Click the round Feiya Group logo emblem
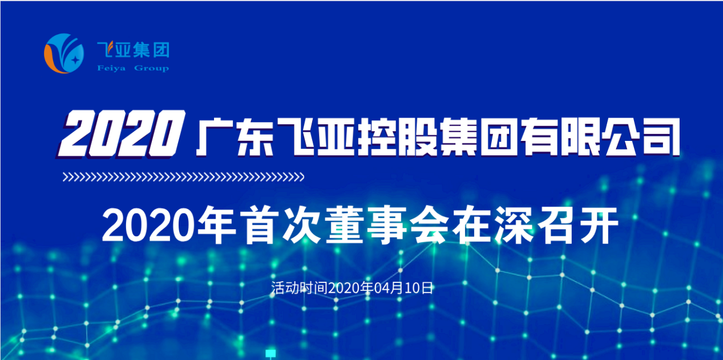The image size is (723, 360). click(x=64, y=54)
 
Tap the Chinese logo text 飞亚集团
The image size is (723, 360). click(x=134, y=50)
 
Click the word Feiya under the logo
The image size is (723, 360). click(x=111, y=68)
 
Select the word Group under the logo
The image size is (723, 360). click(x=151, y=68)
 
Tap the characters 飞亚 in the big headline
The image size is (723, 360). click(x=316, y=137)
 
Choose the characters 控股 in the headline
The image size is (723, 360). click(x=397, y=137)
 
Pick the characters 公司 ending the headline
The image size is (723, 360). click(x=641, y=137)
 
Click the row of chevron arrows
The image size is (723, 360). click(x=183, y=177)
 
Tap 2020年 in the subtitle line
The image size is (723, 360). click(x=169, y=225)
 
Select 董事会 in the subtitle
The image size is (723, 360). click(x=387, y=225)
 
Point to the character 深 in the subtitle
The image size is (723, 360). click(x=513, y=225)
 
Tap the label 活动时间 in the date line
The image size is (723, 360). click(x=299, y=288)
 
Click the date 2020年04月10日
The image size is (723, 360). click(x=380, y=288)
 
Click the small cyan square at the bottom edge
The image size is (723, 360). click(x=270, y=353)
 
